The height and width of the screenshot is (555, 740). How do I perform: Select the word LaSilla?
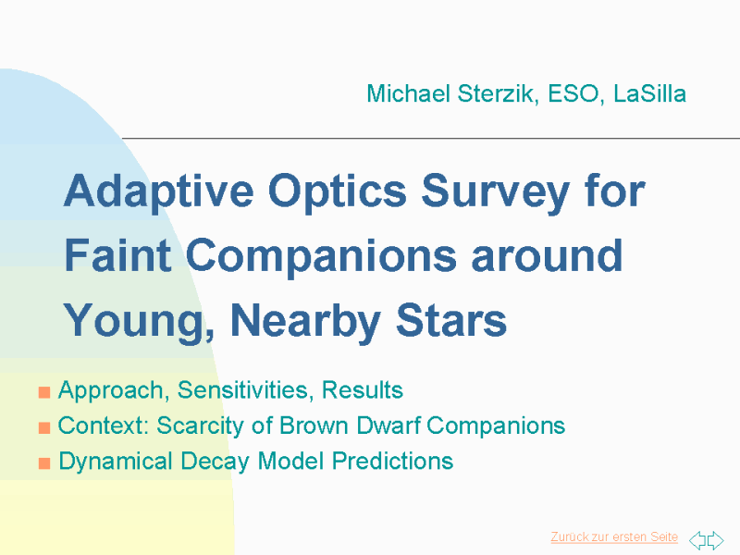tap(650, 93)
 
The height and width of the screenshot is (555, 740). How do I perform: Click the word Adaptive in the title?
tap(158, 192)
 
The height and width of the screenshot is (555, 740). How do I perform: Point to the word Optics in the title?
tap(337, 192)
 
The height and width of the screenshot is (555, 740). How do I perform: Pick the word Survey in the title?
tap(496, 192)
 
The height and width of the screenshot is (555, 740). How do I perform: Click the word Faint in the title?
tap(117, 255)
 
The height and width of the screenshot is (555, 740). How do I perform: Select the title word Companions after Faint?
tap(321, 257)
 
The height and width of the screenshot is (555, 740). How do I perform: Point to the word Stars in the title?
tap(450, 320)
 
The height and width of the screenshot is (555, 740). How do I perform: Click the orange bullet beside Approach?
tap(44, 392)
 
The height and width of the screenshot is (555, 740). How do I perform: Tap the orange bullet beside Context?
tap(44, 427)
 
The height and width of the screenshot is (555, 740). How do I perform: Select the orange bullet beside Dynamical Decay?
tap(44, 463)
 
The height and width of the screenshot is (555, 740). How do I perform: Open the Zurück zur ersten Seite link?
tap(614, 537)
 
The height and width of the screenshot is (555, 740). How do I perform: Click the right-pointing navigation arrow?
tap(715, 540)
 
